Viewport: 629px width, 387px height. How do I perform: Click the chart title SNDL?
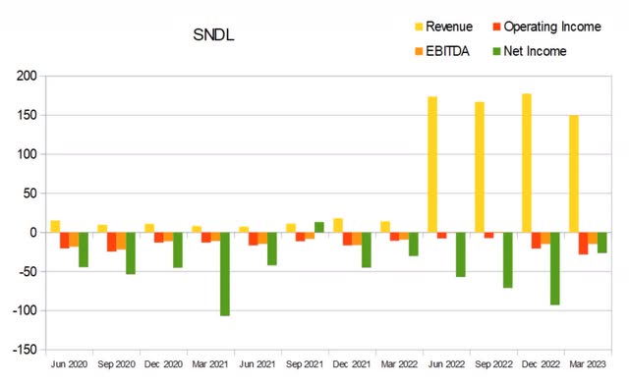coord(214,36)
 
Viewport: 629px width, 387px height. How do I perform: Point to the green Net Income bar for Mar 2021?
coord(225,274)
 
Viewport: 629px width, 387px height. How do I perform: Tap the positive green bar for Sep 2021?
coord(319,227)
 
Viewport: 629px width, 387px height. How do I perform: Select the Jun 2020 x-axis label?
coord(70,364)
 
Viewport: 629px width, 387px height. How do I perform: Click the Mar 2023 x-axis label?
coord(589,364)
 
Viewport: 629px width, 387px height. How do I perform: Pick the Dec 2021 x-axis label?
coord(353,364)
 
